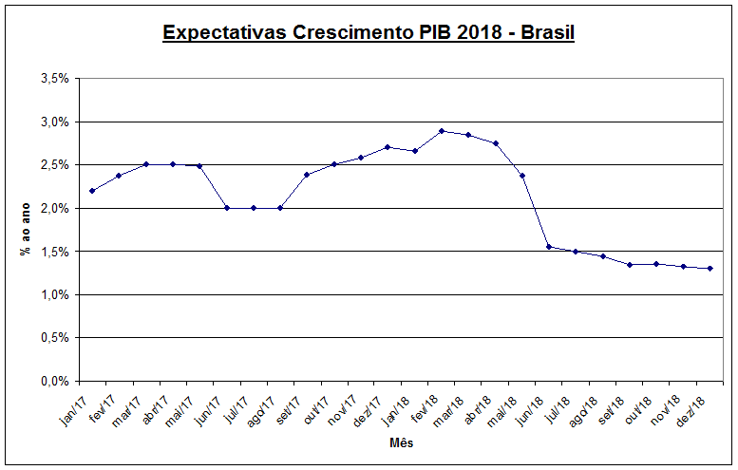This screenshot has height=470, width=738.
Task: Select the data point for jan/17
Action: pos(92,191)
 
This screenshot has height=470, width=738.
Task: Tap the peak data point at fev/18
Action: pos(442,131)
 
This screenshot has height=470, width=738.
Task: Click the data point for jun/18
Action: pos(549,247)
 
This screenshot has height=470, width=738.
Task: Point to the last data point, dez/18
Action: pos(710,269)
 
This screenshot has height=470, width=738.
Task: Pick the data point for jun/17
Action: pos(227,208)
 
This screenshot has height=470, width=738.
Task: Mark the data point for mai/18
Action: pos(522,176)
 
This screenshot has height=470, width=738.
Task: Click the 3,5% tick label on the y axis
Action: pos(54,79)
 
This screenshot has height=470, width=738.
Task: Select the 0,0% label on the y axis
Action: pos(54,382)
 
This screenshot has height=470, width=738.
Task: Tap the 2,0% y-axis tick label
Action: pos(54,209)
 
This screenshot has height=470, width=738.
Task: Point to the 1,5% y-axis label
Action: pos(54,252)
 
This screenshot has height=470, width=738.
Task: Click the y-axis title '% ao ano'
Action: pos(25,230)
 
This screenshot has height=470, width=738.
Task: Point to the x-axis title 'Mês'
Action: pos(401,443)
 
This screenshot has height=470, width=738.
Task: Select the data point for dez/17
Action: pos(388,147)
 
